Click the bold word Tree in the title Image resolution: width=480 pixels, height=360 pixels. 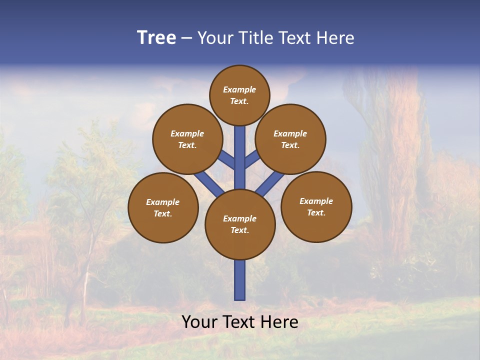[156, 38]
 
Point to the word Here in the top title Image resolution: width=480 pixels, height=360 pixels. [335, 38]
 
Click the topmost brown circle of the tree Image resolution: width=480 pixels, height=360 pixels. [239, 95]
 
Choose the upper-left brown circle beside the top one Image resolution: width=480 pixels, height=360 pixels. [187, 139]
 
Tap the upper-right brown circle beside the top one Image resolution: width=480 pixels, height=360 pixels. [290, 139]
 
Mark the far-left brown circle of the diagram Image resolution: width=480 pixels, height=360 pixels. [163, 207]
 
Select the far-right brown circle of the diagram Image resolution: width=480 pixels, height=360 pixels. [316, 206]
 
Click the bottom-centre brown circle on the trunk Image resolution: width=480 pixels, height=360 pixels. [240, 224]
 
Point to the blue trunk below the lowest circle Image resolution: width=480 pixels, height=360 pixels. [240, 280]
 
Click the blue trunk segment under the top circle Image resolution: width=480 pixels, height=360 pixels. [240, 150]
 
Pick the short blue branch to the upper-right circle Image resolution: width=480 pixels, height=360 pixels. [252, 159]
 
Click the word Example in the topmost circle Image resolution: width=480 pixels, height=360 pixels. [239, 89]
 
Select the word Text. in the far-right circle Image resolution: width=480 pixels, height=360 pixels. [316, 212]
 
